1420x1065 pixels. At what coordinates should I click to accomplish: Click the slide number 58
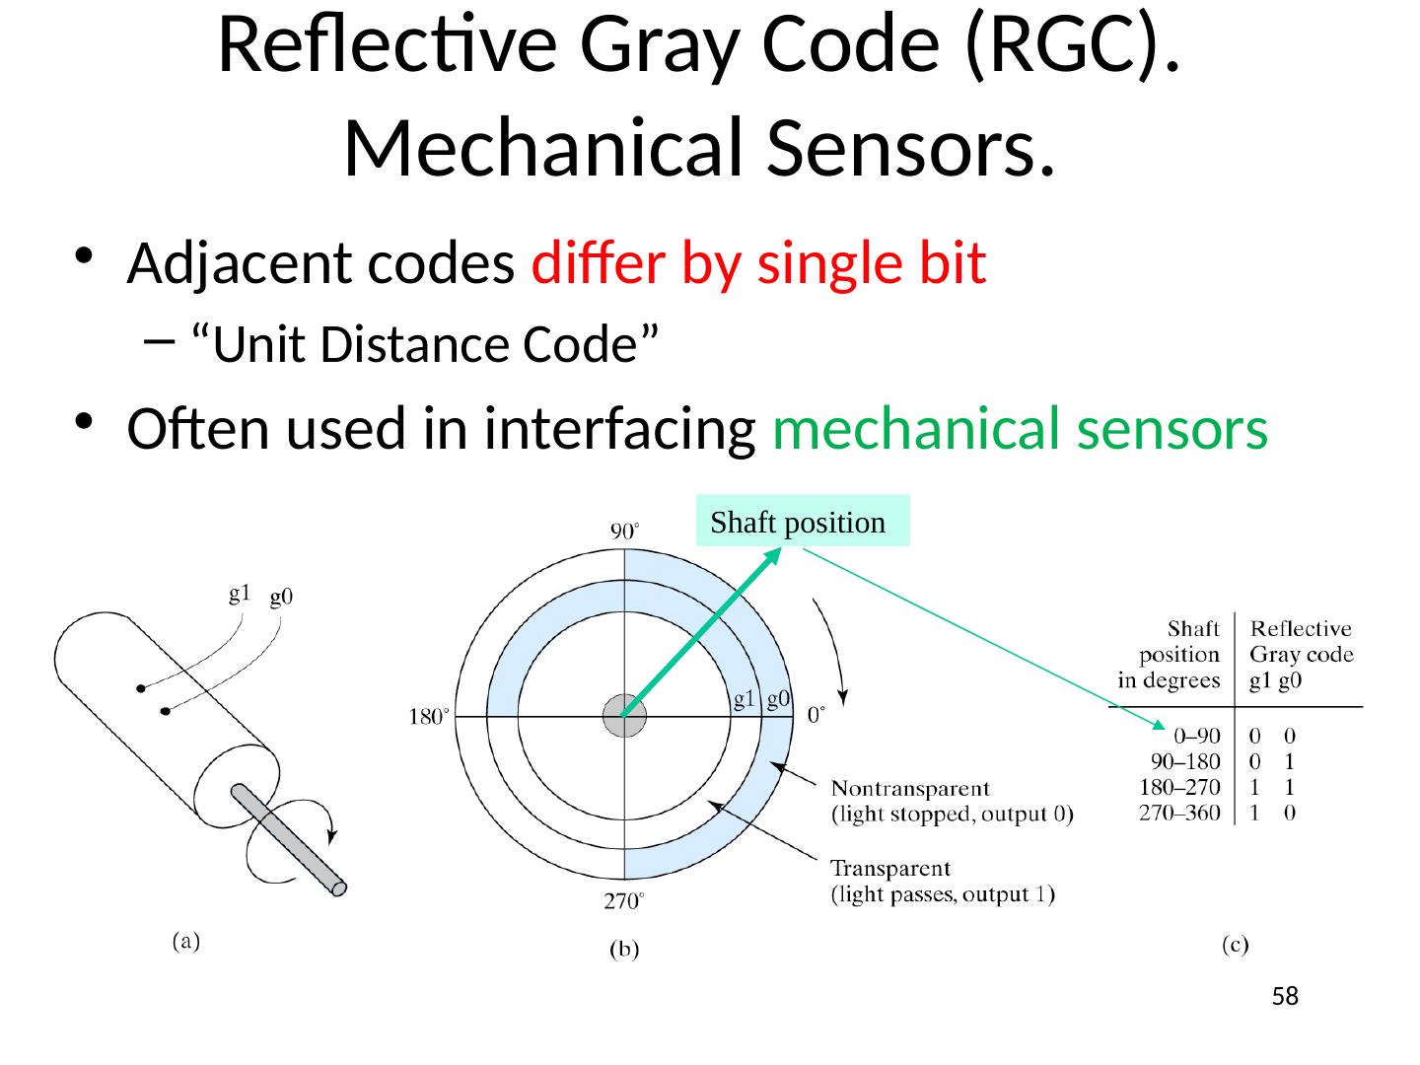1285,997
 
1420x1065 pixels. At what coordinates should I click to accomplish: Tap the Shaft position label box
802,522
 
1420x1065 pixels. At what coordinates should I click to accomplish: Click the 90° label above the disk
625,532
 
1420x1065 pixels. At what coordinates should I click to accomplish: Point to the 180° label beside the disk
429,718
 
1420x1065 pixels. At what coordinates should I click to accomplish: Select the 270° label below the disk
625,901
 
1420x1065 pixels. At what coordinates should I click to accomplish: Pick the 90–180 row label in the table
1185,761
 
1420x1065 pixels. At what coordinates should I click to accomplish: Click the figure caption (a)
182,942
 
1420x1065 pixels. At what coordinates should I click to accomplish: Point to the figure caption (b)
622,951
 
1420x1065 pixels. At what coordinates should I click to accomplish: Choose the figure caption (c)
1237,946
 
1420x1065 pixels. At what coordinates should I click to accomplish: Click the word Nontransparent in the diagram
910,789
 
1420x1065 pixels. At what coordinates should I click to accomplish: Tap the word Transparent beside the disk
890,869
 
